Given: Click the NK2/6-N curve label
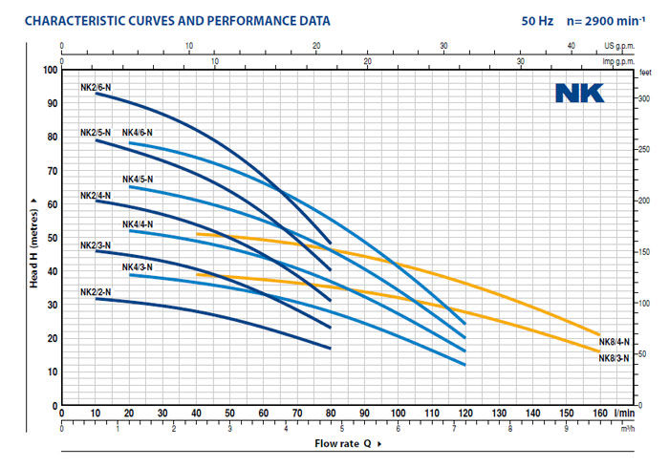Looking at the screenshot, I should [95, 87].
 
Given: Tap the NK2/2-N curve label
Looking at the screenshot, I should [95, 292].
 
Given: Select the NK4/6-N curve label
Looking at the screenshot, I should [137, 133].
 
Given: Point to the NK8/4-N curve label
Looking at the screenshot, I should [614, 342].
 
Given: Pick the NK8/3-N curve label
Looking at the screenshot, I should [614, 358].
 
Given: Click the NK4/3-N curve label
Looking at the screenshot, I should [137, 266].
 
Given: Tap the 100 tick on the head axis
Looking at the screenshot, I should [50, 71].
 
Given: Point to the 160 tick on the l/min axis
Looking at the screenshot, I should [599, 414].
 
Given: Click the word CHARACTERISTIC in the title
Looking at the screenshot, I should [71, 20].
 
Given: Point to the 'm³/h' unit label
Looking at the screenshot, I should [626, 429].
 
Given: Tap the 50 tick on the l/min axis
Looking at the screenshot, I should [229, 414].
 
